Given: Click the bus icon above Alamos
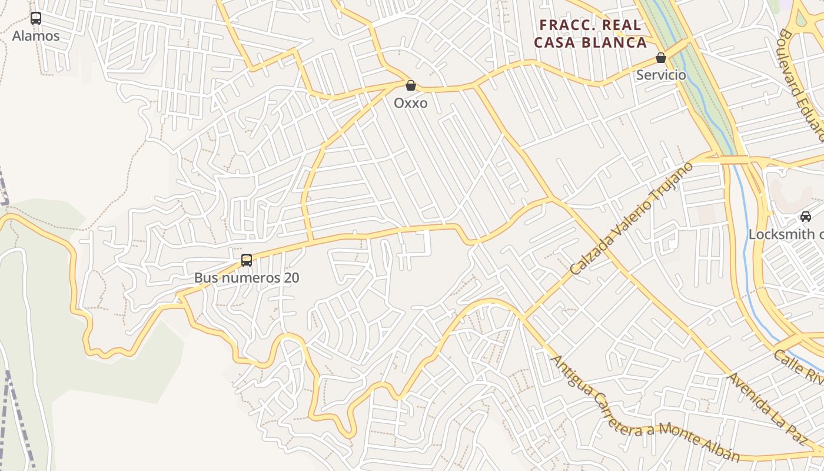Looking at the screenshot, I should click(36, 18).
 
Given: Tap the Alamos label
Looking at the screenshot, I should click(36, 36).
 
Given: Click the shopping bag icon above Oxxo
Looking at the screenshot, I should click(411, 85).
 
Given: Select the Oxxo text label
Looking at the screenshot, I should click(411, 103).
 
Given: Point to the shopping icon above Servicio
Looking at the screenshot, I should click(661, 58).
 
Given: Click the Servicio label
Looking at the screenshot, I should click(661, 75).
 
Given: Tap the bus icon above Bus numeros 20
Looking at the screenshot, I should click(247, 260).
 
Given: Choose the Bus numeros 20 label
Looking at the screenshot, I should click(247, 277).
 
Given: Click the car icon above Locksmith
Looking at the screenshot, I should click(806, 217).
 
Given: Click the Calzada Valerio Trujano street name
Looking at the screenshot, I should click(632, 218).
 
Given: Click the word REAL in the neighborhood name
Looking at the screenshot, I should click(622, 25).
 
